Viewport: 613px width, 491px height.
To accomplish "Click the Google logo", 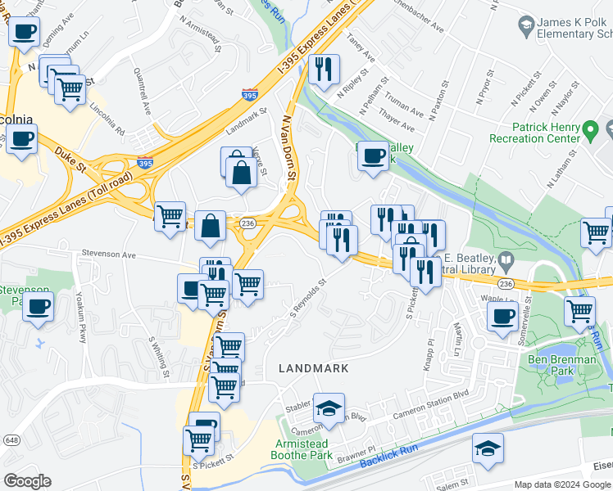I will (28, 481).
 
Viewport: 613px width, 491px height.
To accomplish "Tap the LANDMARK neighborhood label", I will (313, 369).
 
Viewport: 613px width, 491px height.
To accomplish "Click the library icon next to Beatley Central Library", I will (506, 261).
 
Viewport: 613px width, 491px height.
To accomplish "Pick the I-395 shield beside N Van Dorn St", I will (249, 96).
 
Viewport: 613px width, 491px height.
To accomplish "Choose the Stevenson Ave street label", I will (107, 255).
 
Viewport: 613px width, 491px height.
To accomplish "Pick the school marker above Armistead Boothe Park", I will (329, 409).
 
